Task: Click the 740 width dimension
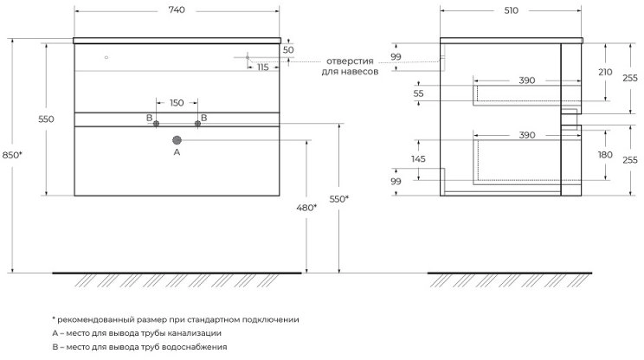click(x=177, y=10)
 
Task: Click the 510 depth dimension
click(x=511, y=10)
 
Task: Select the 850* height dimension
click(x=12, y=155)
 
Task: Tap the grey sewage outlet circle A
click(x=177, y=140)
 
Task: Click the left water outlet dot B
click(x=156, y=124)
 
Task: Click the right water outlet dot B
click(x=197, y=124)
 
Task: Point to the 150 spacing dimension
click(x=177, y=103)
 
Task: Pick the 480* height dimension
click(x=306, y=208)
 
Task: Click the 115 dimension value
click(x=263, y=67)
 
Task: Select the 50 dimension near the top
click(x=288, y=49)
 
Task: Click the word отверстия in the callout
click(x=350, y=61)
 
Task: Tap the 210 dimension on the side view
click(x=605, y=72)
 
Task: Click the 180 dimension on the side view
click(x=605, y=155)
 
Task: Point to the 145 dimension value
click(x=418, y=159)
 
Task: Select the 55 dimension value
click(x=418, y=93)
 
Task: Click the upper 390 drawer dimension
click(x=527, y=80)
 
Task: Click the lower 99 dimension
click(x=396, y=182)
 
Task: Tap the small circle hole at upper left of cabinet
click(x=106, y=57)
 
